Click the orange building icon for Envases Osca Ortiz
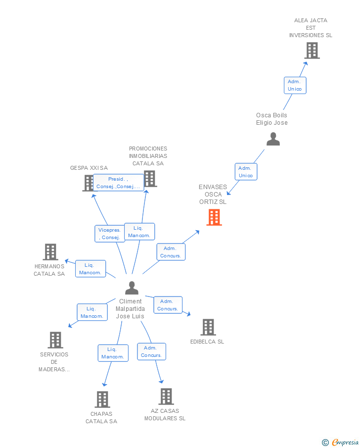pyautogui.click(x=214, y=217)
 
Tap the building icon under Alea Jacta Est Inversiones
pyautogui.click(x=312, y=50)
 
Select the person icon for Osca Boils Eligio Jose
pyautogui.click(x=273, y=140)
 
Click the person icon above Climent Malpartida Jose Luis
pyautogui.click(x=132, y=288)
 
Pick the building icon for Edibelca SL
pyautogui.click(x=208, y=327)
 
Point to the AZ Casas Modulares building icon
pyautogui.click(x=166, y=397)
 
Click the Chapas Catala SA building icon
pyautogui.click(x=102, y=399)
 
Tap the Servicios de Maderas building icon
pyautogui.click(x=55, y=340)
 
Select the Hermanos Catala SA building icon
pyautogui.click(x=50, y=252)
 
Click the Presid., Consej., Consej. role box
pyautogui.click(x=118, y=183)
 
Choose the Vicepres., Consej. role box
pyautogui.click(x=109, y=234)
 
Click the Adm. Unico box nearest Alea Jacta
pyautogui.click(x=295, y=85)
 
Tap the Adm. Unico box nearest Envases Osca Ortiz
pyautogui.click(x=246, y=172)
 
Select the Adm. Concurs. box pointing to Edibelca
pyautogui.click(x=168, y=305)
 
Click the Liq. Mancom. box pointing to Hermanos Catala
pyautogui.click(x=90, y=269)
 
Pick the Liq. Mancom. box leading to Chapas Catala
pyautogui.click(x=113, y=353)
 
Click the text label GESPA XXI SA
pyautogui.click(x=89, y=168)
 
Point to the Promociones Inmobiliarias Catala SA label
pyautogui.click(x=148, y=156)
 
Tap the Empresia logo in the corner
pyautogui.click(x=340, y=442)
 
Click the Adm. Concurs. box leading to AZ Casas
pyautogui.click(x=151, y=351)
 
